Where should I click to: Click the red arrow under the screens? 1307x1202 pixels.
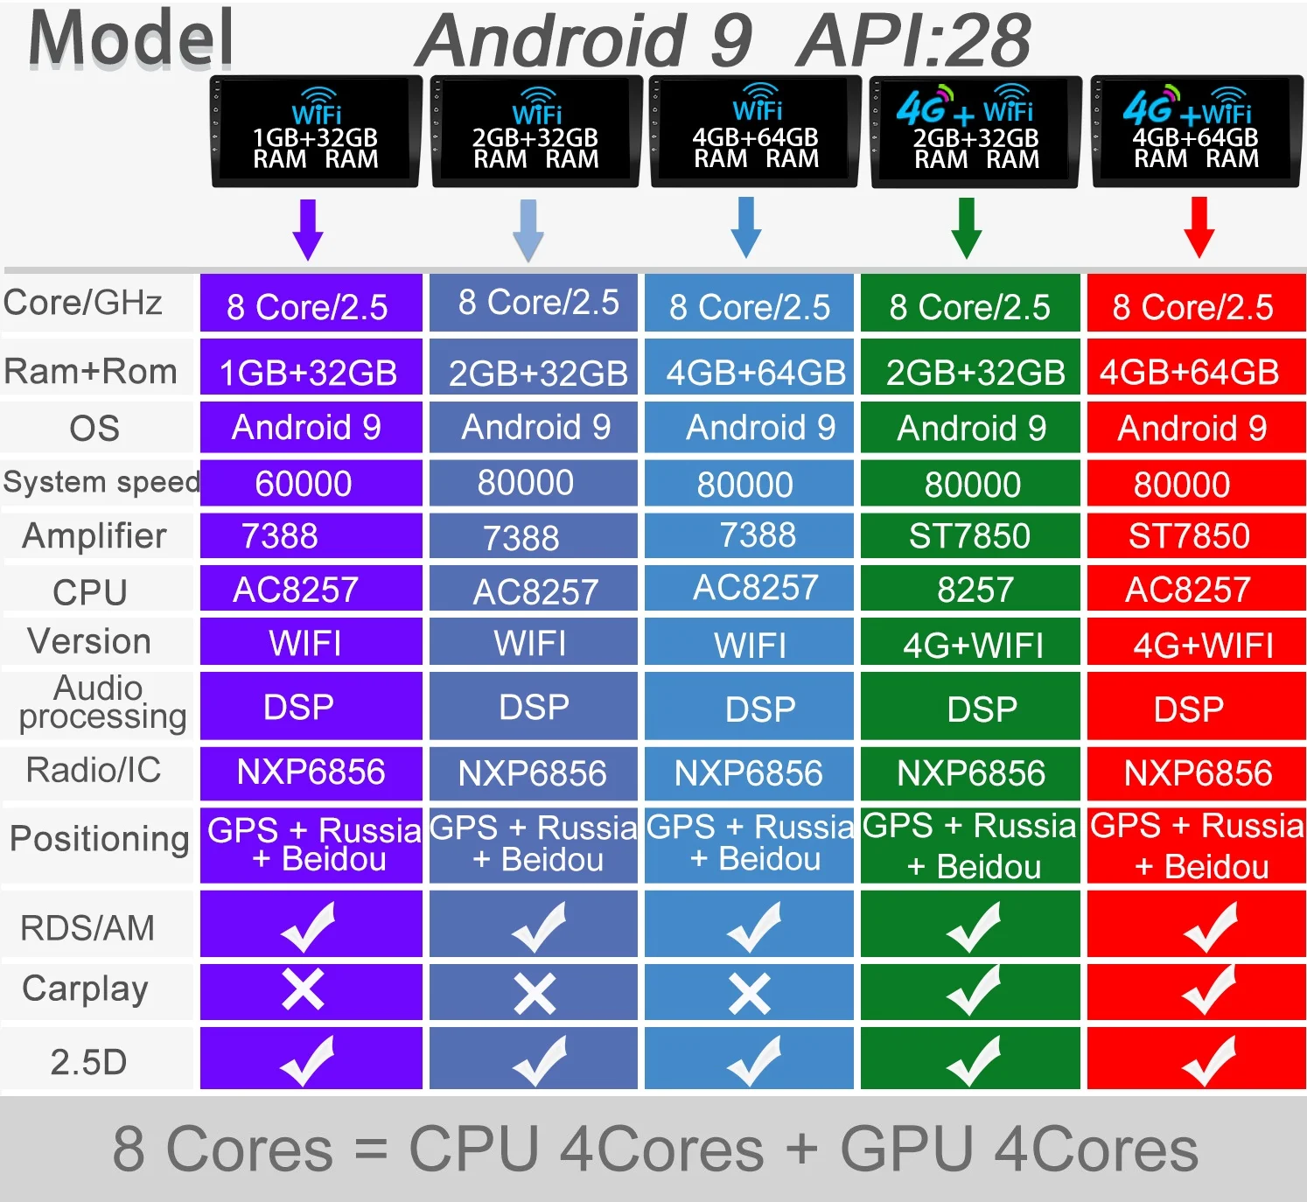point(1199,227)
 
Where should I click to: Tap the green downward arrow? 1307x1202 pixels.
point(966,227)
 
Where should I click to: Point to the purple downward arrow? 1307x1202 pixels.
point(308,229)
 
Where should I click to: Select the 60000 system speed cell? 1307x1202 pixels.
point(304,484)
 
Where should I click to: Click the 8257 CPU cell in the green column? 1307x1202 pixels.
point(975,590)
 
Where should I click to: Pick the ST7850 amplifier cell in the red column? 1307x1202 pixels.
point(1189,536)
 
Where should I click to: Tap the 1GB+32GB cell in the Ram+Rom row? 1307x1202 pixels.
point(308,373)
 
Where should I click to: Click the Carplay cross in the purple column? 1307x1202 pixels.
point(303,990)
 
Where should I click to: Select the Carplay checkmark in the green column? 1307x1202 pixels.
point(973,990)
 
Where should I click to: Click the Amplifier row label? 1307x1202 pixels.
point(94,535)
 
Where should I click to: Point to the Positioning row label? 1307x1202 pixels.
point(99,838)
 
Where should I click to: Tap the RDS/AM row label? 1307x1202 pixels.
point(87,927)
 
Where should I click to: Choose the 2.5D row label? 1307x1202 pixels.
point(88,1062)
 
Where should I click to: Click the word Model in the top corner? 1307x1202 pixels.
point(131,38)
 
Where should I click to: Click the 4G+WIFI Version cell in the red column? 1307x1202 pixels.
point(1203,646)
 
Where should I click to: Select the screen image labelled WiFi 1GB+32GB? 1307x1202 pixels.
point(316,131)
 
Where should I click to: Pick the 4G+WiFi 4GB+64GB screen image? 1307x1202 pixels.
point(1196,131)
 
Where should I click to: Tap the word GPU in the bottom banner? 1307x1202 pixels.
point(906,1149)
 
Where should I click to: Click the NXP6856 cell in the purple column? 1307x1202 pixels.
point(311,772)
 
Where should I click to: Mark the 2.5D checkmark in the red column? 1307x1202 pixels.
point(1209,1060)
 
